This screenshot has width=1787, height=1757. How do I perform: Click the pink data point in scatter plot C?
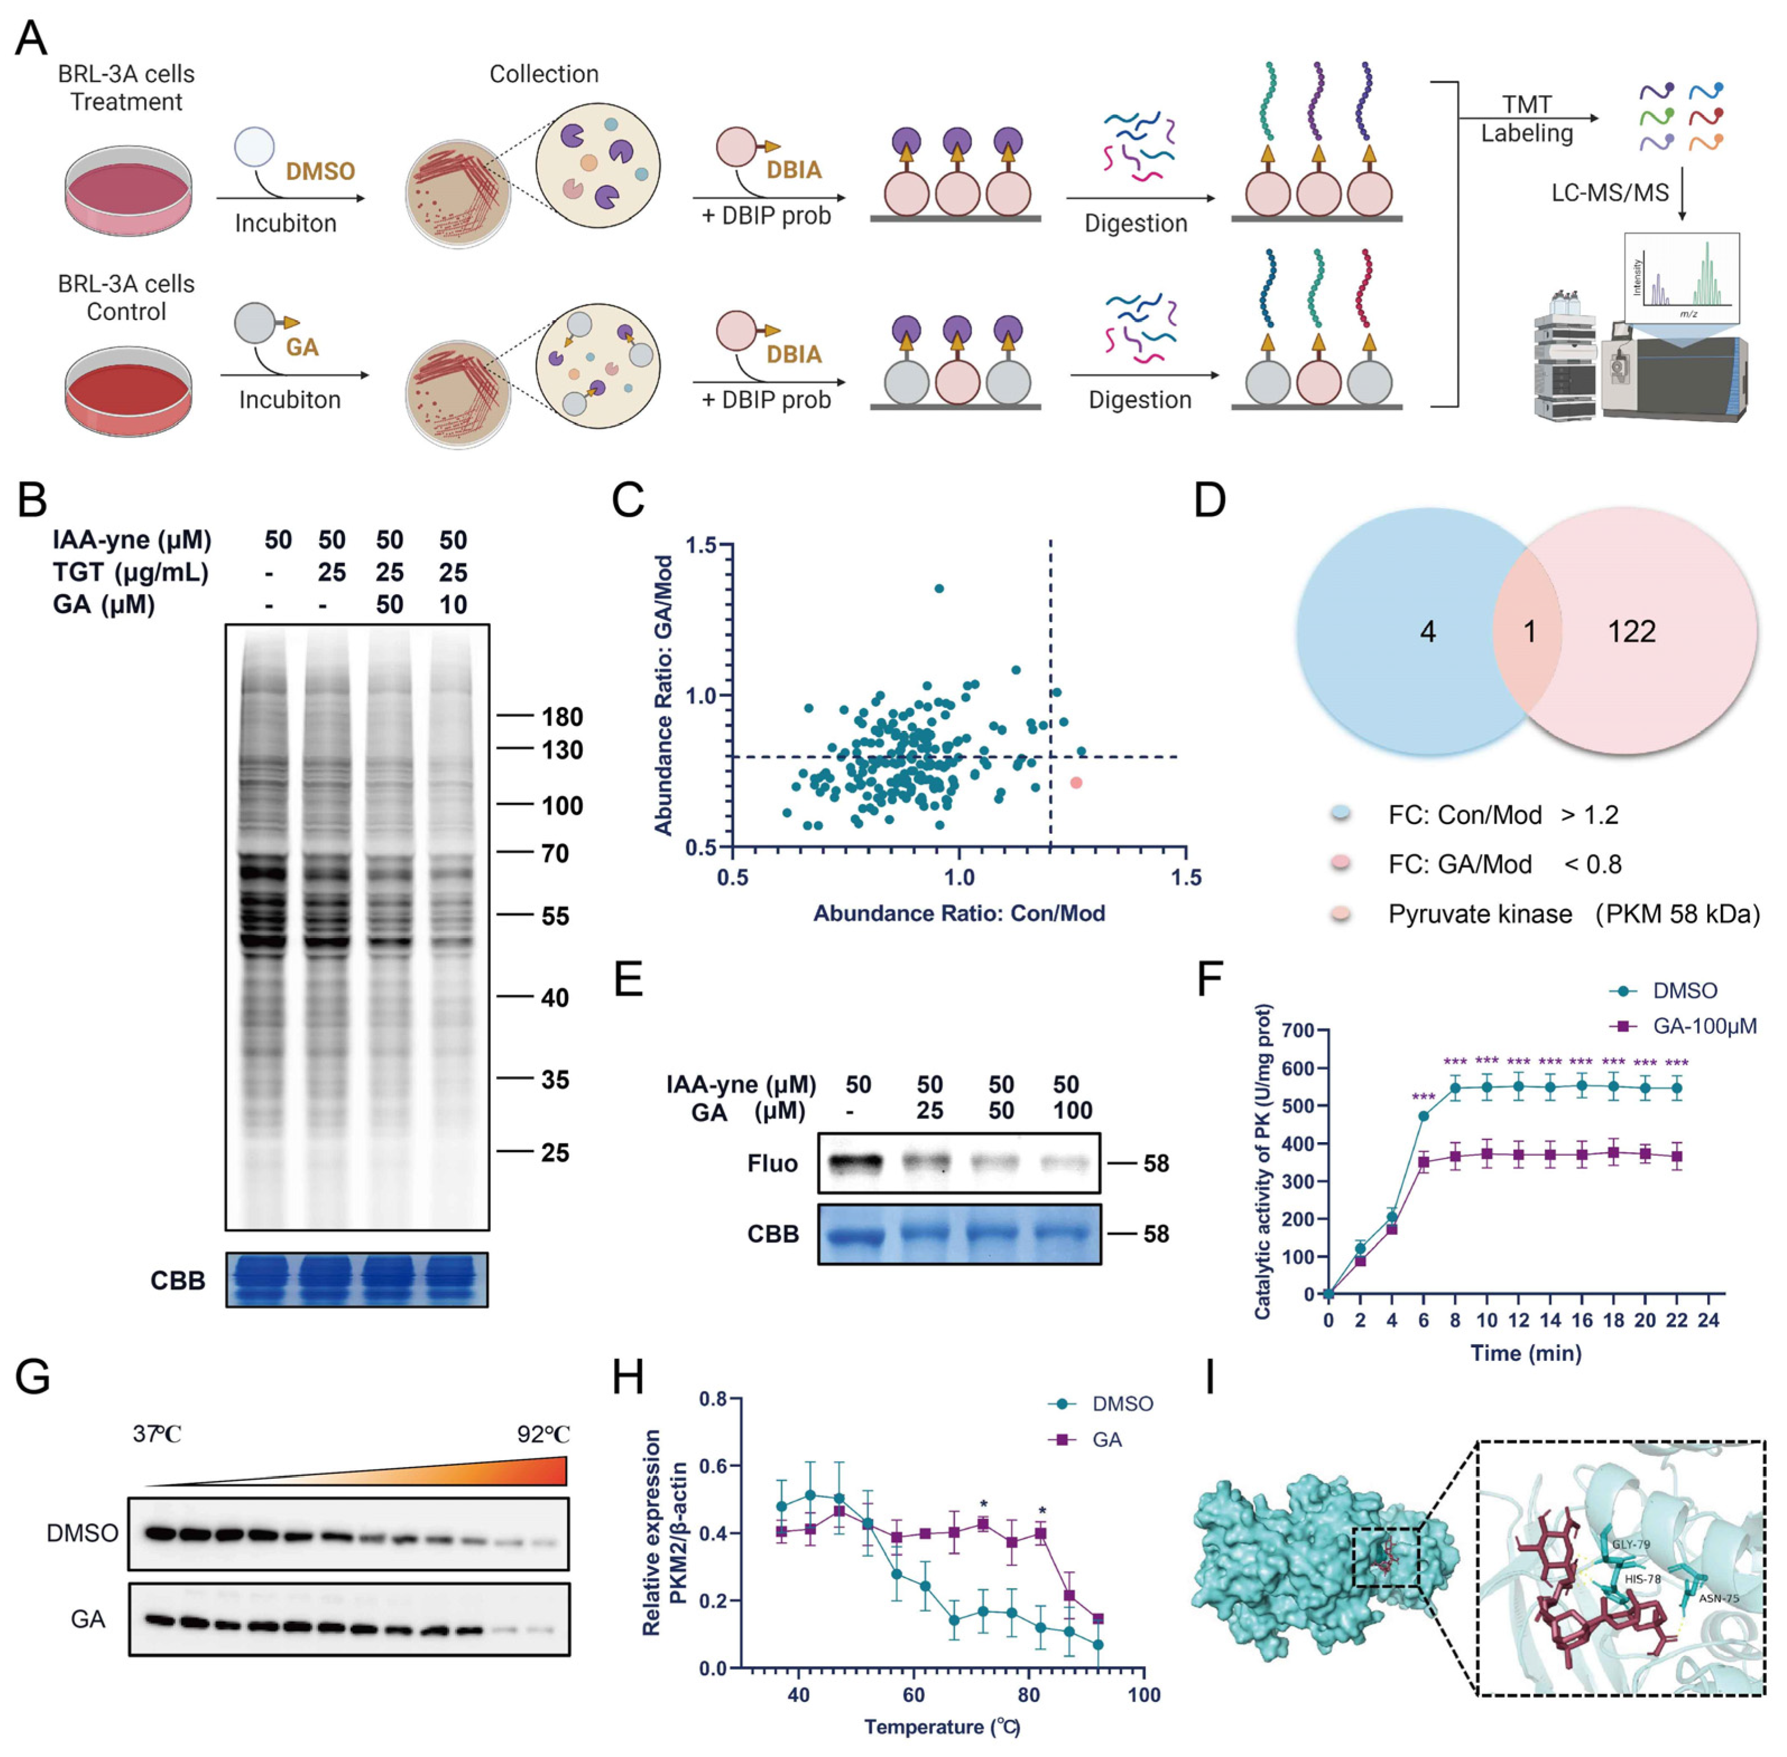click(x=1076, y=783)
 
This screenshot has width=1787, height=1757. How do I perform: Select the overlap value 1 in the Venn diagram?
click(x=1528, y=632)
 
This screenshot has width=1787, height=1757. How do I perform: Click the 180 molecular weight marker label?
click(x=562, y=717)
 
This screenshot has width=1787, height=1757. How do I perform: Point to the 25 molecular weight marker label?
click(x=555, y=1153)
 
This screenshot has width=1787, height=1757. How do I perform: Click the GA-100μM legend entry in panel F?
click(x=1703, y=1026)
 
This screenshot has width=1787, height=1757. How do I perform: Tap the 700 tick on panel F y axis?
click(x=1296, y=1030)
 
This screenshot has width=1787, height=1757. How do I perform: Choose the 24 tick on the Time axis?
click(x=1708, y=1321)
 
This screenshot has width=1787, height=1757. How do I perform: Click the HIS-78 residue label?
click(x=1642, y=1579)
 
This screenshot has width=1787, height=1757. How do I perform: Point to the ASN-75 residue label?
click(x=1719, y=1597)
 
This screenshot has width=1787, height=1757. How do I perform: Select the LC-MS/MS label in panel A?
click(x=1610, y=193)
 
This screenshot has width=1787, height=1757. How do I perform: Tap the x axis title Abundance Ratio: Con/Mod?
click(x=959, y=914)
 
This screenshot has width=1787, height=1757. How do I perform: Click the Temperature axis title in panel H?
click(x=942, y=1727)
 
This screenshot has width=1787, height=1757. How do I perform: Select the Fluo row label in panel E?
click(x=772, y=1163)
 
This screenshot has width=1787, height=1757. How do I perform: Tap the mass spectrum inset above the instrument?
click(x=1682, y=279)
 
